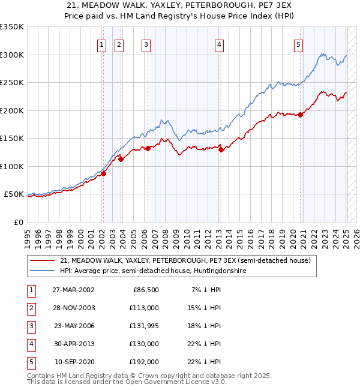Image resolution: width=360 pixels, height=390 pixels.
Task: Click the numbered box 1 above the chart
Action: coord(102,44)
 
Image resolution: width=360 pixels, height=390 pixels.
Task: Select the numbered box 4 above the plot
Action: coord(220,44)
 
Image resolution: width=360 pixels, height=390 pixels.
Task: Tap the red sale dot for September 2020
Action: coord(300,115)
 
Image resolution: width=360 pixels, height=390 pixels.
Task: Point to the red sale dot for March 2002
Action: coord(103,174)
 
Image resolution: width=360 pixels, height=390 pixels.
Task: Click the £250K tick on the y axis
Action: coord(11,82)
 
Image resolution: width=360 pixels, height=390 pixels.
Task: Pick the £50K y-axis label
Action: coord(14,194)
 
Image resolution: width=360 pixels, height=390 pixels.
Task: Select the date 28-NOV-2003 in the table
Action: coord(74,308)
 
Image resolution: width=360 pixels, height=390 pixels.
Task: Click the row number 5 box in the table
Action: coord(30,362)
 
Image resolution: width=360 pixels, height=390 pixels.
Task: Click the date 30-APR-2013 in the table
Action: coord(74,344)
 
